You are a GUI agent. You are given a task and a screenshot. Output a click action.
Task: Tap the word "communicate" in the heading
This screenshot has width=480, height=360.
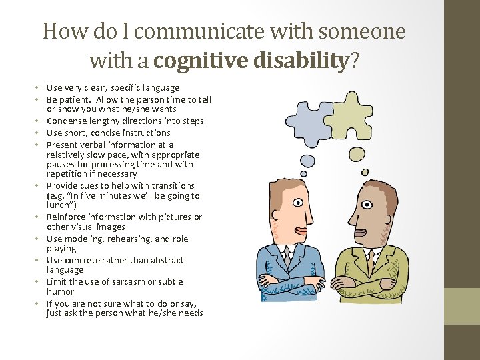[x=190, y=31]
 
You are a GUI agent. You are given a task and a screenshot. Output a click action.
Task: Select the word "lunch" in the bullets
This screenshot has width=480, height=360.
[x=60, y=205]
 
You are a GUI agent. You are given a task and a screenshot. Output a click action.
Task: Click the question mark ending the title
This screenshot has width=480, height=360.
[x=353, y=61]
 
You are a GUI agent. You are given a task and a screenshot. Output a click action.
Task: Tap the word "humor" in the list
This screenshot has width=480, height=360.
[x=60, y=292]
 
